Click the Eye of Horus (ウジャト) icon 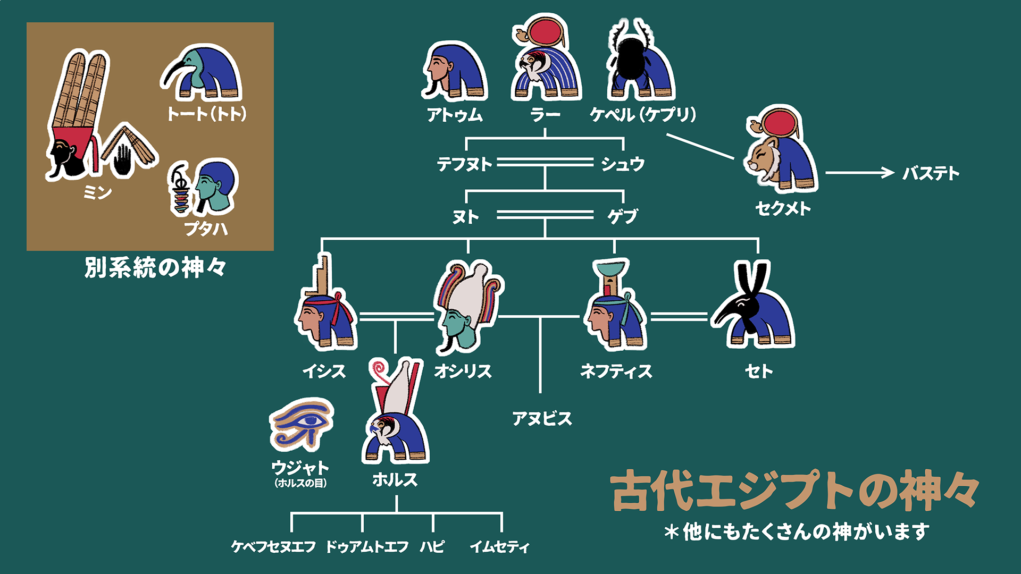tap(302, 424)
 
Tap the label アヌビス tap(542, 419)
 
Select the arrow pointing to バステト tap(859, 173)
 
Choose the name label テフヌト tap(464, 164)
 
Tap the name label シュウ tap(623, 164)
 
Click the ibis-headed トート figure tap(202, 74)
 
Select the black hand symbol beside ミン tap(123, 158)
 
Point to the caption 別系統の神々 tap(155, 268)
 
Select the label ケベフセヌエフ tap(273, 546)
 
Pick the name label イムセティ tap(499, 546)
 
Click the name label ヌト tap(465, 217)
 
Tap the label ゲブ tap(623, 216)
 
